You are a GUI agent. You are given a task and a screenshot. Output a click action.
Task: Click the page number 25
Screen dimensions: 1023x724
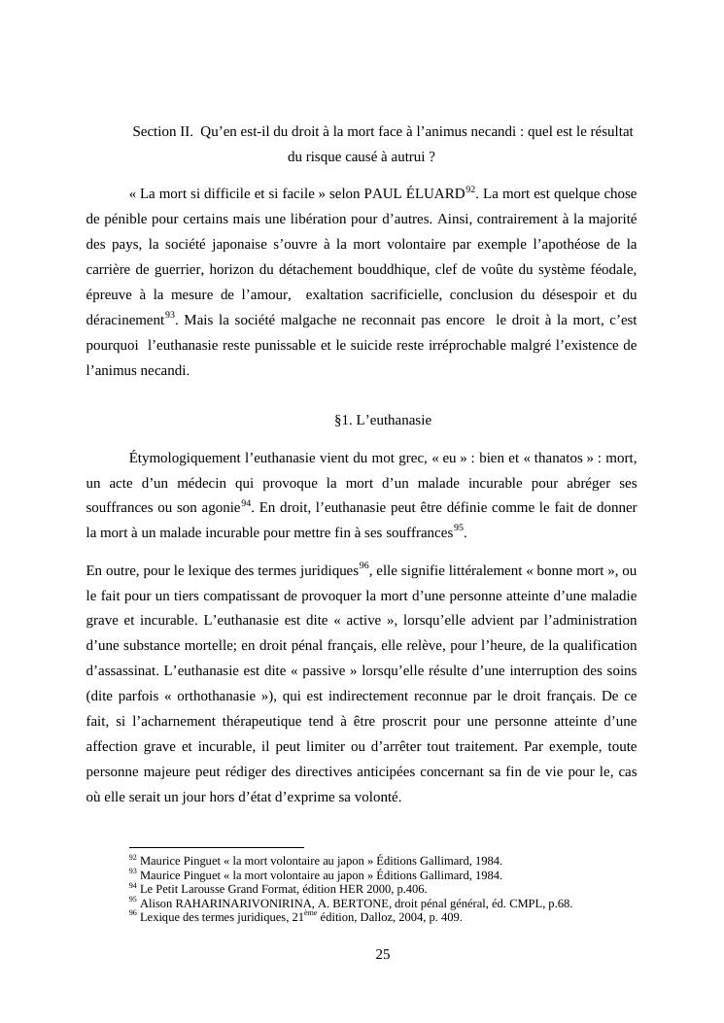pyautogui.click(x=383, y=955)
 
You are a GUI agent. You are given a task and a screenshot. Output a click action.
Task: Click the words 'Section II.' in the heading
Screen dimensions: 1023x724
pyautogui.click(x=162, y=131)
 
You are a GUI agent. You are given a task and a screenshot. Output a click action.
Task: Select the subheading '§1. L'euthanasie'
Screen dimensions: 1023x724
pyautogui.click(x=382, y=420)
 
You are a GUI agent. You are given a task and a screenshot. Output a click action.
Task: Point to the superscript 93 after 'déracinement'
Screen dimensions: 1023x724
pyautogui.click(x=170, y=314)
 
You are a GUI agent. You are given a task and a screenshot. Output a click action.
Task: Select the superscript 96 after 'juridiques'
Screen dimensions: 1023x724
pyautogui.click(x=363, y=564)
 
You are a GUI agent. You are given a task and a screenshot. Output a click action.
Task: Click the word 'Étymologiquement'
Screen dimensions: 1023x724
pyautogui.click(x=184, y=457)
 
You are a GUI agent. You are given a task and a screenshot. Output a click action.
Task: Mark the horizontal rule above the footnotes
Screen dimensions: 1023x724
pyautogui.click(x=216, y=847)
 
